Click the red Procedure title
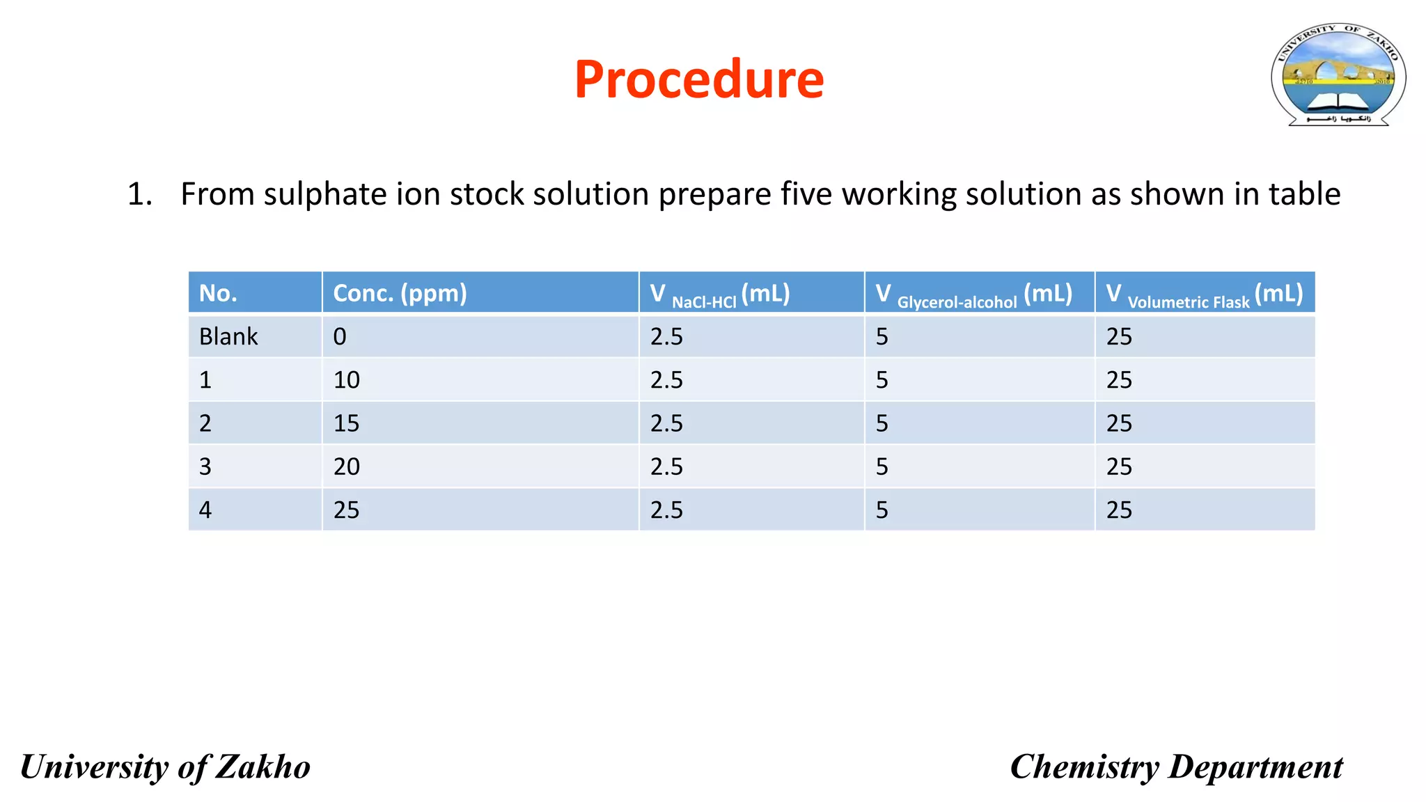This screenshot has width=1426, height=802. pos(699,79)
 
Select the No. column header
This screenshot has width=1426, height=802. pos(218,293)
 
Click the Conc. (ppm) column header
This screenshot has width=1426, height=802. pos(400,293)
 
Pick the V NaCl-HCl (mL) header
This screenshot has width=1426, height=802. pos(720,294)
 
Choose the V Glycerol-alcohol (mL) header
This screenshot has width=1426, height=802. pos(973,294)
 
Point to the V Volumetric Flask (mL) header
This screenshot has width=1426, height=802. pos(1204,294)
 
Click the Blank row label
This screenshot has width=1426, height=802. pos(228,337)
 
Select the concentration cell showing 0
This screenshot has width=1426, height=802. pos(340,337)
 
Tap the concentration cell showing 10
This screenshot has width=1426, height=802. pos(346,380)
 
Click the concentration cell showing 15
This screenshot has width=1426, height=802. pos(346,423)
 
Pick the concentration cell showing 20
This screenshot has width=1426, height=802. pos(346,466)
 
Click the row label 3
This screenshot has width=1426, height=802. pos(205,466)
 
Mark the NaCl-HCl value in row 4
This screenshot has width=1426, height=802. pos(666,510)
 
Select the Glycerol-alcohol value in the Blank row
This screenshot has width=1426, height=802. pos(882,337)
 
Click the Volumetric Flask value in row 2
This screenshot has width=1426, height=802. pos(1119,423)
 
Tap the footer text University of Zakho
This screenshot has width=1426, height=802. pos(165,767)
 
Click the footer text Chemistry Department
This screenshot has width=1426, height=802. pos(1176,767)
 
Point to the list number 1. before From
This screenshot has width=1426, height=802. pos(139,194)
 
